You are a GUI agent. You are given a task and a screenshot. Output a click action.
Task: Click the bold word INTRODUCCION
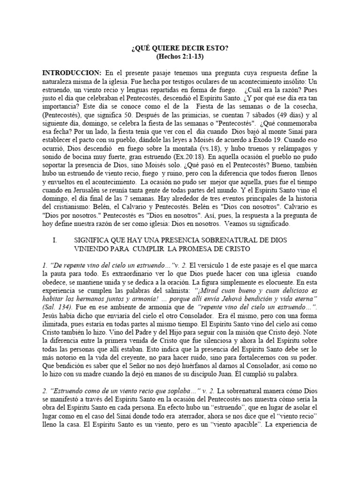pos(72,73)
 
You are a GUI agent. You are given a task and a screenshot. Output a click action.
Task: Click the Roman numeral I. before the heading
pos(55,240)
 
